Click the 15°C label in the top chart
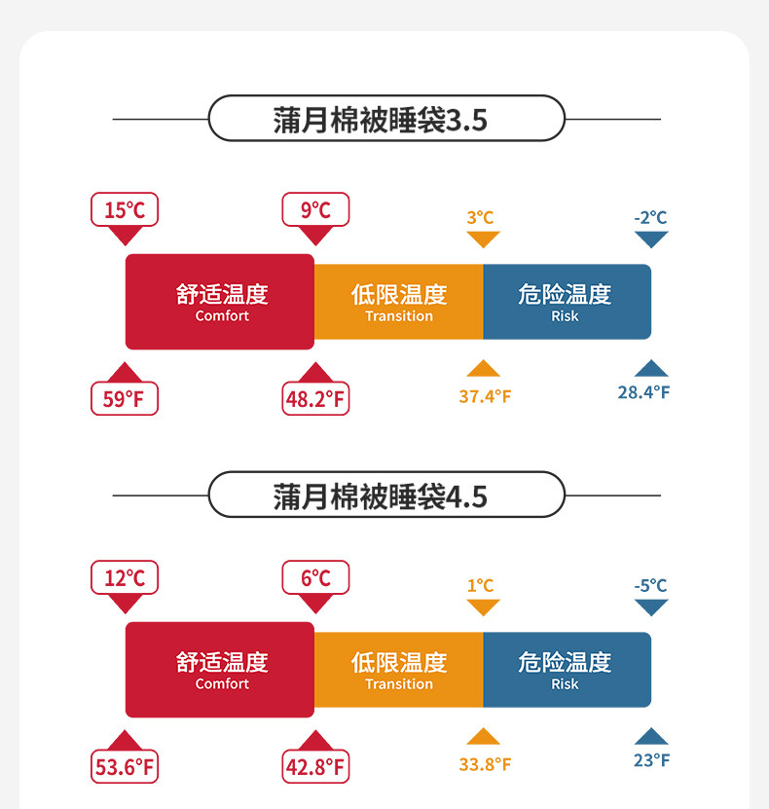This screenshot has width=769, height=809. point(125,209)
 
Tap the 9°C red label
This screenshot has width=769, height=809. point(315,209)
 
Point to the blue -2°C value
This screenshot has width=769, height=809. point(650,218)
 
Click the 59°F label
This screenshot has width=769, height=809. point(125,398)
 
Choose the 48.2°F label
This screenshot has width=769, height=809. point(315,398)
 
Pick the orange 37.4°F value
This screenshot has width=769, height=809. point(485,396)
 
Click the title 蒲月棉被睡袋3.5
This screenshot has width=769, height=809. point(386,119)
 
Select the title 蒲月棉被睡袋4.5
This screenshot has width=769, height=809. point(386,496)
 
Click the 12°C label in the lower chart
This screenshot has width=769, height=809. point(125,577)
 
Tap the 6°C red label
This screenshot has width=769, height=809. point(315,577)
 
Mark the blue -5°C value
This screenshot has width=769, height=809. point(650,586)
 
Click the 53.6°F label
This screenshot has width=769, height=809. point(125,766)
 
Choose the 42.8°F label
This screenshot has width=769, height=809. point(315,766)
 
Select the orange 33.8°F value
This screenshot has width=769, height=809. point(485,764)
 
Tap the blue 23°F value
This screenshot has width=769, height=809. point(651,760)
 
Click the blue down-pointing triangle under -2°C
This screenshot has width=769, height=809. point(651,239)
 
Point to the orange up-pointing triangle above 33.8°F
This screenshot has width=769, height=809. point(483,737)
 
